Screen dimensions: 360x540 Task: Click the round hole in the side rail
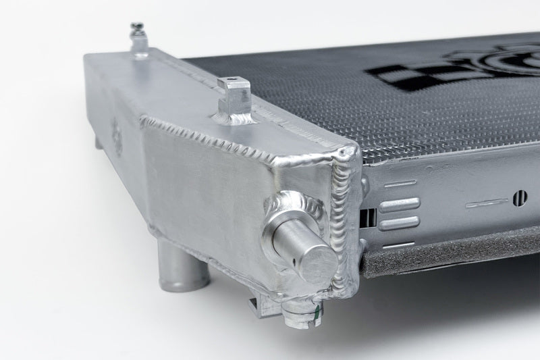[x=520, y=198]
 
